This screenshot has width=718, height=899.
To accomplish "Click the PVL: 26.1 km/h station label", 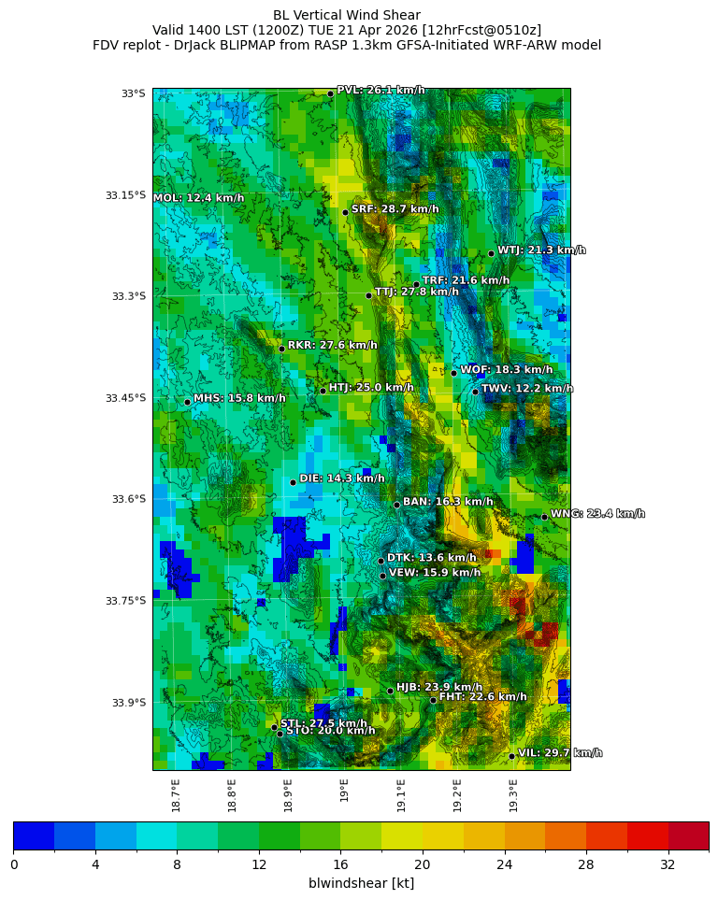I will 381,91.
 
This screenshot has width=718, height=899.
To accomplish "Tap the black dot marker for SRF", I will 345,212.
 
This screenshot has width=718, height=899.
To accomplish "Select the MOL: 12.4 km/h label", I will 198,198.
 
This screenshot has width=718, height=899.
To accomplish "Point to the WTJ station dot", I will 491,253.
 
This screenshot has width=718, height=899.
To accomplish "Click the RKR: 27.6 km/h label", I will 332,346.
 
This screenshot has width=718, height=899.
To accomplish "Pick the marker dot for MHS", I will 187,402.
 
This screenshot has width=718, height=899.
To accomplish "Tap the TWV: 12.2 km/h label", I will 526,389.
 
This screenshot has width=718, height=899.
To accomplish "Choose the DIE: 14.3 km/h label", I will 341,478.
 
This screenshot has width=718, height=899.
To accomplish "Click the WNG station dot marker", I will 544,517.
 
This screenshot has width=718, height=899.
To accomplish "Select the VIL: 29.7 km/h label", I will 559,753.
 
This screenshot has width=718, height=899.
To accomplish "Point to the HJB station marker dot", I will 390,691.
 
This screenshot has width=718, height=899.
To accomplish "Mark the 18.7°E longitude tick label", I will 177,794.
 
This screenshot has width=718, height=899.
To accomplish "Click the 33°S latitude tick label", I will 133,93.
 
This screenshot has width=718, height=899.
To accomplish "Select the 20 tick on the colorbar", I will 423,864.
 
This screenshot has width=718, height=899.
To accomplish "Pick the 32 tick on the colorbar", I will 668,864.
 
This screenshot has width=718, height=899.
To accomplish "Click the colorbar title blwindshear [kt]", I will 361,883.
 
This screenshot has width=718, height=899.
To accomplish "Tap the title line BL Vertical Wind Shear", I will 347,15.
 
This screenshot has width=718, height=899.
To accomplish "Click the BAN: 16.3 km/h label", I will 447,502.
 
